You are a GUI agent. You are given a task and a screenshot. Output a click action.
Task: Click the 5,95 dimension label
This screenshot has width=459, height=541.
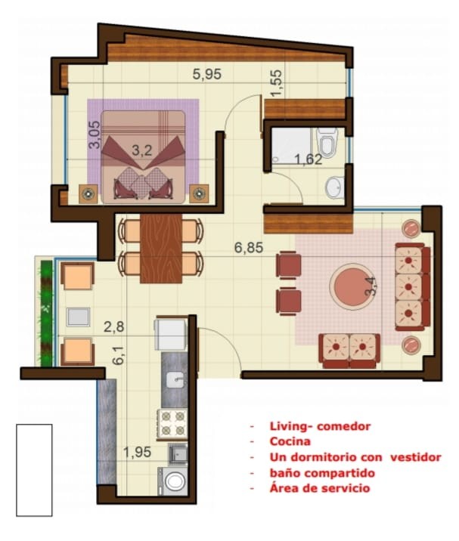pyautogui.click(x=207, y=74)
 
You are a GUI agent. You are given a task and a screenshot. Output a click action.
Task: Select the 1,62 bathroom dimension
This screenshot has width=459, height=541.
pyautogui.click(x=309, y=159)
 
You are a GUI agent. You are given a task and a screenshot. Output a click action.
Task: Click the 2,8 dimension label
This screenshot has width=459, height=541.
pyautogui.click(x=113, y=326)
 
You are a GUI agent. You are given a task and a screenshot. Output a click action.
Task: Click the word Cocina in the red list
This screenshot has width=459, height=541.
pyautogui.click(x=290, y=442)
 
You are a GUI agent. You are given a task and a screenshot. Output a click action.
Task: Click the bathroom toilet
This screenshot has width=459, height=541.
pyautogui.click(x=327, y=144)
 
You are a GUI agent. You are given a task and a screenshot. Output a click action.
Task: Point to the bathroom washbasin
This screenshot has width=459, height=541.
pyautogui.click(x=333, y=186)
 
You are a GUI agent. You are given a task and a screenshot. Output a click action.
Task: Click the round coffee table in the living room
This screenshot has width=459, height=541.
pyautogui.click(x=351, y=286)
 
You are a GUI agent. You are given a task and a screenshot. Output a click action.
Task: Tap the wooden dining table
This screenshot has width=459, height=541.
pyautogui.click(x=161, y=247)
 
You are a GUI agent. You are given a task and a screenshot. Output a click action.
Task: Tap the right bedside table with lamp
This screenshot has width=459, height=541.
pyautogui.click(x=200, y=193)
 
